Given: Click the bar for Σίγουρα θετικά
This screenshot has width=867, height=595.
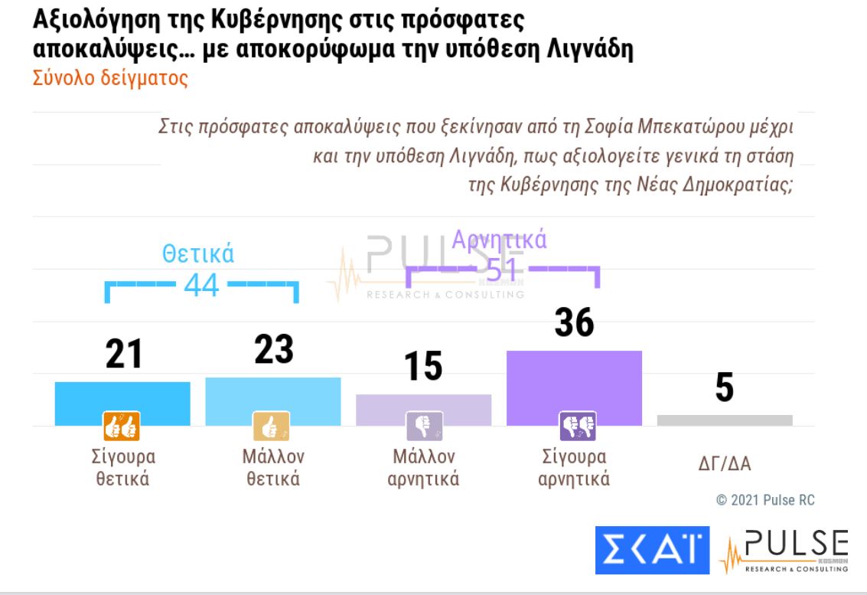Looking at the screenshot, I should point(122,398).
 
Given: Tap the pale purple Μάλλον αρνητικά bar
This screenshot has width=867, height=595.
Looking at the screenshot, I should point(423,406).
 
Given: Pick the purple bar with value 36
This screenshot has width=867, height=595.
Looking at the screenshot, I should point(574,383).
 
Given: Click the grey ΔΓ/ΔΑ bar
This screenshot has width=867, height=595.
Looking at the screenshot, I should point(725,420).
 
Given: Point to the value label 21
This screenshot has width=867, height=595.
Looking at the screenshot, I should point(123,355).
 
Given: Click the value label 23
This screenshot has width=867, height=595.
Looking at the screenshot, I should point(273,349).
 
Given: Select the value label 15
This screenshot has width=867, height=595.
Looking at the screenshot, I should point(423,366).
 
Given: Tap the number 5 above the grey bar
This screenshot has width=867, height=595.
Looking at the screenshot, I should point(724,387).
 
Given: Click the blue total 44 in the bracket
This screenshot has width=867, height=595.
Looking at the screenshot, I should point(201,286).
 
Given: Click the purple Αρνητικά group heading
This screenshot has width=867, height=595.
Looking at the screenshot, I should point(500,240).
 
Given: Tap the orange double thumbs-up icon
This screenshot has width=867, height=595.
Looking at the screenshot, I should point(122,426).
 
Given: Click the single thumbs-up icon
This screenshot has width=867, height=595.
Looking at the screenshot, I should point(272,426).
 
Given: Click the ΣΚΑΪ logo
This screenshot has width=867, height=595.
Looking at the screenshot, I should point(652,549).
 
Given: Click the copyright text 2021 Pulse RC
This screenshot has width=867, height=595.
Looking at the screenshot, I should point(765,500).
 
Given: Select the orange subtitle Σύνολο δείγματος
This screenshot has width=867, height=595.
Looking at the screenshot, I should point(110,79).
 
